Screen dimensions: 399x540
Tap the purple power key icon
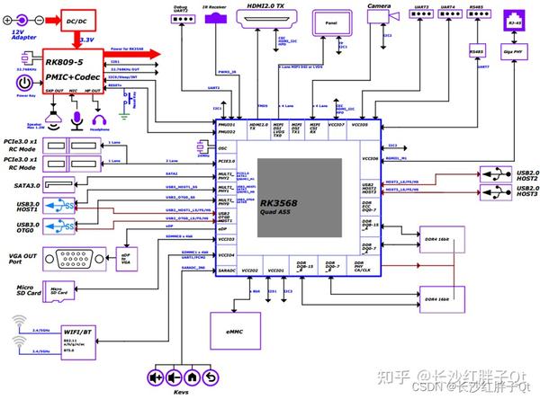[23, 83]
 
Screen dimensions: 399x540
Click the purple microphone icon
[78, 119]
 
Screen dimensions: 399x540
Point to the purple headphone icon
[98, 119]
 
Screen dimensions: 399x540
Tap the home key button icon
[192, 377]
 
